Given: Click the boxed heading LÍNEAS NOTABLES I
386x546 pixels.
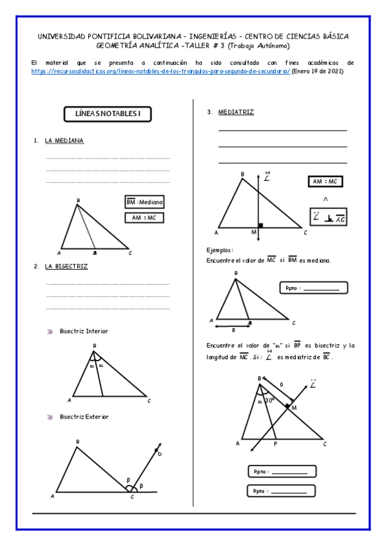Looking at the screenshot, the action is [x=108, y=115].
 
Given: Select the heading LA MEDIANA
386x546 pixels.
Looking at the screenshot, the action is [x=64, y=140].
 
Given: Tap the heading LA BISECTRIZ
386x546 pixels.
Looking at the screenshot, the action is [x=66, y=266].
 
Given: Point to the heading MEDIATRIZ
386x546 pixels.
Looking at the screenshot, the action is [x=236, y=112].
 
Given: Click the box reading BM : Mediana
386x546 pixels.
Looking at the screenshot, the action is [x=144, y=202].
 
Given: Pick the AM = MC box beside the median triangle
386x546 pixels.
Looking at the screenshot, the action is [x=144, y=218].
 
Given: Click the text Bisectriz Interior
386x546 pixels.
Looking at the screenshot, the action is [x=84, y=331].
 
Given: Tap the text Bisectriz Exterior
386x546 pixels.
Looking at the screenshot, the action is [x=84, y=417].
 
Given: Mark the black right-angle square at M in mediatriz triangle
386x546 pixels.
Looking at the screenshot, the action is [x=260, y=226].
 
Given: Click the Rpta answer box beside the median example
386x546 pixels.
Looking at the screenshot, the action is [x=314, y=288].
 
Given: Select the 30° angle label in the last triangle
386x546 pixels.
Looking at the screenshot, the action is [x=270, y=399].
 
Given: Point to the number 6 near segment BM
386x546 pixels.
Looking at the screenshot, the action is [x=281, y=384].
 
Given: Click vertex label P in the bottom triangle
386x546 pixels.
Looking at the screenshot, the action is [x=275, y=444].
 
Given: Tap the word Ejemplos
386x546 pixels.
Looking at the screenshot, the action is [x=220, y=249].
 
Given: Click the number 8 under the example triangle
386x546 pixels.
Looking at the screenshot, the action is [x=233, y=329].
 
